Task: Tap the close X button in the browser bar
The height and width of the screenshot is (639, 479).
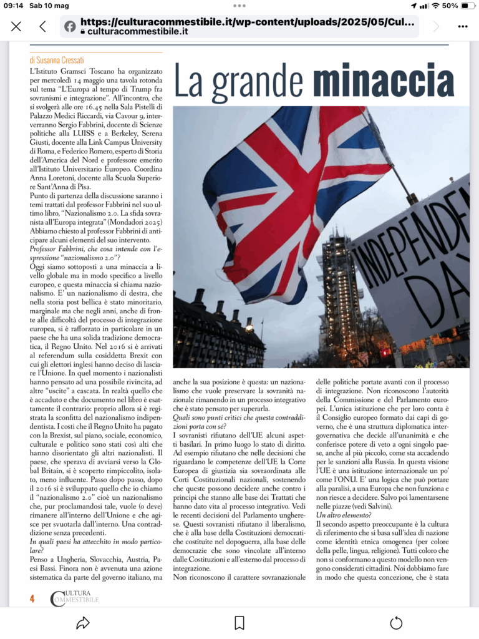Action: (x=16, y=26)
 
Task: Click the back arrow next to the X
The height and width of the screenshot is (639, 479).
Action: (x=42, y=26)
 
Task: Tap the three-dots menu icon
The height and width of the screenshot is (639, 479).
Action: (x=462, y=26)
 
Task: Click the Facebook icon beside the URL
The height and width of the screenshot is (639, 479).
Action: (x=70, y=26)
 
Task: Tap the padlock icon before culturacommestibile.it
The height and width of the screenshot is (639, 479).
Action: (x=83, y=31)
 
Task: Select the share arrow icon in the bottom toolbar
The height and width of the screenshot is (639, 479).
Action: (x=82, y=622)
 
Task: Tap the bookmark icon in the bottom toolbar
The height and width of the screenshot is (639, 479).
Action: (x=239, y=622)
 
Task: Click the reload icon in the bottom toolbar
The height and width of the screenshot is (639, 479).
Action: (x=396, y=622)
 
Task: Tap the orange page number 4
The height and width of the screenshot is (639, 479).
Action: (x=32, y=598)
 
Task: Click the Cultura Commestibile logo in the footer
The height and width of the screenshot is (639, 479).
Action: (x=74, y=598)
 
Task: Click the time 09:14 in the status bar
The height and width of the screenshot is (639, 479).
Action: (x=14, y=6)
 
